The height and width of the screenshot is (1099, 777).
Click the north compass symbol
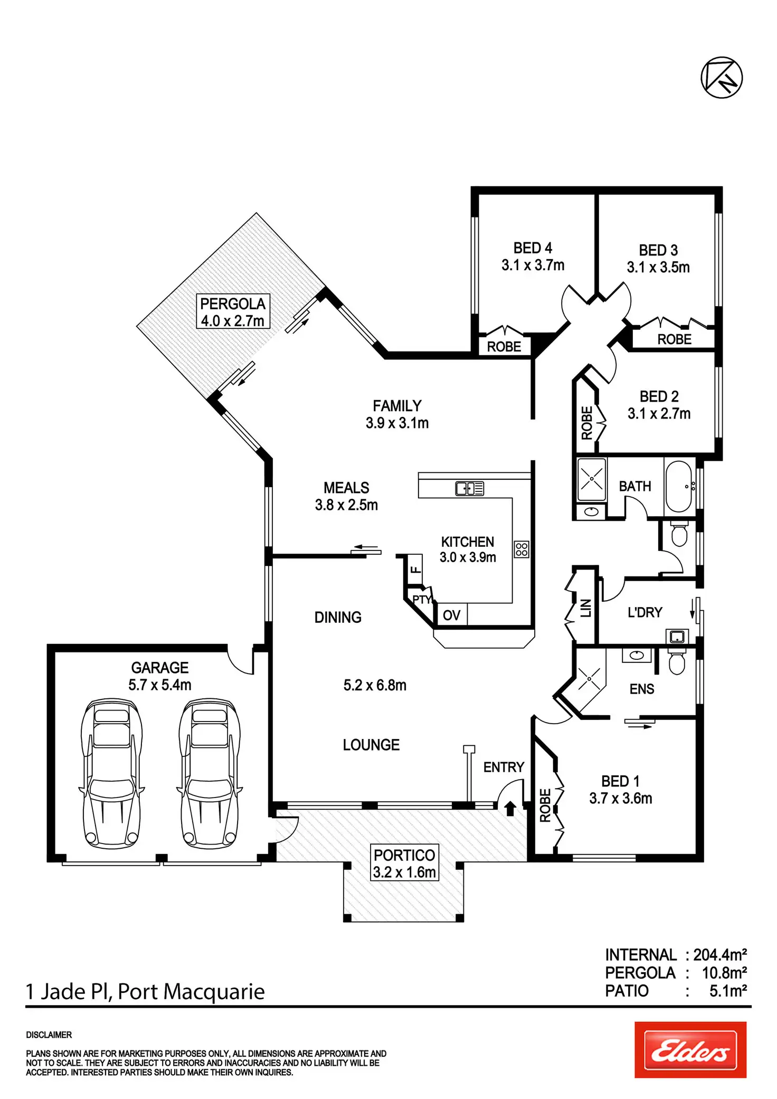(x=721, y=78)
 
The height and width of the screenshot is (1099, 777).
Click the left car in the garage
(x=111, y=773)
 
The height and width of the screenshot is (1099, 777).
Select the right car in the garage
(x=210, y=773)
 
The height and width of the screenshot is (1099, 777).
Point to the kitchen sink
(x=469, y=489)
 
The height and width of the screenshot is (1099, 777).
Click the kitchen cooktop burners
(x=522, y=549)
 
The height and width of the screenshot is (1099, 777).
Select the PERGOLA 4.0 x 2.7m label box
(x=233, y=312)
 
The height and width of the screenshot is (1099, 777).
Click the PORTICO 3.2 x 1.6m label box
(x=404, y=864)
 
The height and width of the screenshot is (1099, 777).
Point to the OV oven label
(x=451, y=615)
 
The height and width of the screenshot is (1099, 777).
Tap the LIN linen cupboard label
(x=585, y=608)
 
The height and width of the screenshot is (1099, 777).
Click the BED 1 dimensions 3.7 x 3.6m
(x=621, y=798)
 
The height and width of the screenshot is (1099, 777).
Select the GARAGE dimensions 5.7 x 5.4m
(x=160, y=685)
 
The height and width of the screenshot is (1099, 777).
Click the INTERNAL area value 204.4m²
(x=720, y=955)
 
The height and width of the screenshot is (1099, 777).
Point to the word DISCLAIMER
(x=49, y=1035)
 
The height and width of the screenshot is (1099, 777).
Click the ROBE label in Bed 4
(x=504, y=347)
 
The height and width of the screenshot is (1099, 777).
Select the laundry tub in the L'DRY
(x=677, y=637)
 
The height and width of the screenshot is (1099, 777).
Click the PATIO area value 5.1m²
(x=728, y=991)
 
